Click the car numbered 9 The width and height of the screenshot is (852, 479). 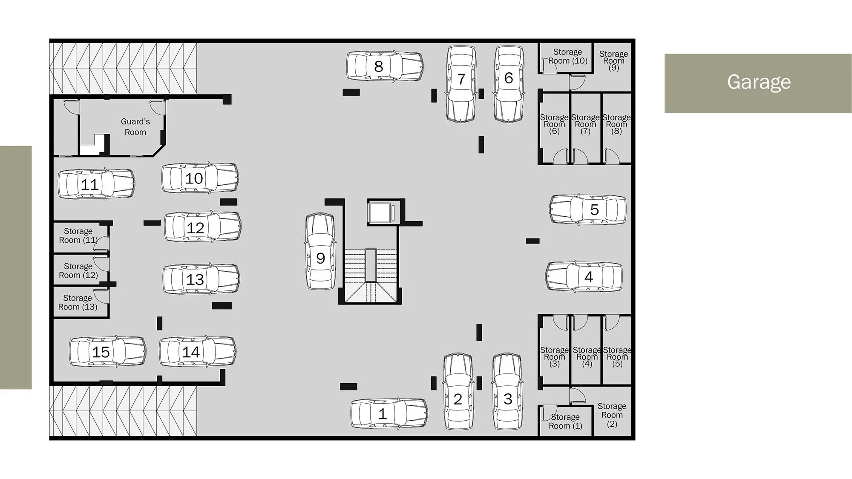320,252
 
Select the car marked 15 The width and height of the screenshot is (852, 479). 108,352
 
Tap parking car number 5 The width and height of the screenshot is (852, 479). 588,209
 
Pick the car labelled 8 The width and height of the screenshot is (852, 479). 385,66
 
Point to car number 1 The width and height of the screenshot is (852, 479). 389,413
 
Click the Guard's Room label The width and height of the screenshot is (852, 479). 135,127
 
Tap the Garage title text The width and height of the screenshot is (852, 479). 759,82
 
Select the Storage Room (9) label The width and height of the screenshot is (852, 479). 613,61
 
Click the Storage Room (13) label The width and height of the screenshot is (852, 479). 78,302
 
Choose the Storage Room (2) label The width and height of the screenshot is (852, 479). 612,415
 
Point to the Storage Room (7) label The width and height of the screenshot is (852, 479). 585,124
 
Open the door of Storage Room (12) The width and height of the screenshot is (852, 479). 102,264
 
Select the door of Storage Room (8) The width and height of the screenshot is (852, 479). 612,156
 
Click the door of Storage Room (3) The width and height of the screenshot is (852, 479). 560,322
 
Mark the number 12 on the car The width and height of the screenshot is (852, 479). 196,228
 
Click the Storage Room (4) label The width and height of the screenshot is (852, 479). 587,357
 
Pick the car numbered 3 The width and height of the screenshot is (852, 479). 507,391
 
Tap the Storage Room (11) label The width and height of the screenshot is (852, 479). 78,235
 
